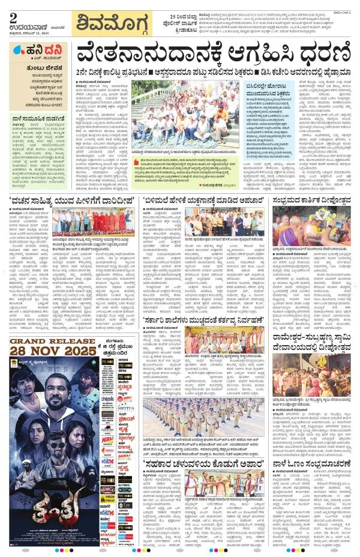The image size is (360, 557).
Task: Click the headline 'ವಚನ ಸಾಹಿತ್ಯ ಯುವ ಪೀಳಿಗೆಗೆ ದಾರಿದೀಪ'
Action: click(70, 200)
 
